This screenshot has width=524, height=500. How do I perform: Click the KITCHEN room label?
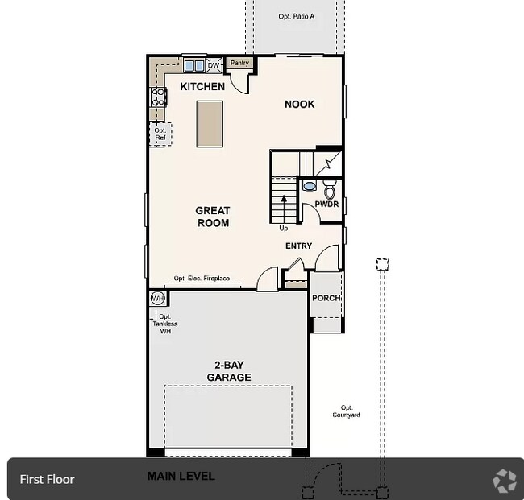pos(202,87)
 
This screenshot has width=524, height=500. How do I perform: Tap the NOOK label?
pos(299,105)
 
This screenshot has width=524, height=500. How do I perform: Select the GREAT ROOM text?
pos(213,217)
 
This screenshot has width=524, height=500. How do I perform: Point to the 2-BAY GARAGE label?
pos(229,371)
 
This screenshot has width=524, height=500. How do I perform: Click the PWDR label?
pos(326,204)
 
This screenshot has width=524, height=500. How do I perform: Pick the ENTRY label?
pos(299,246)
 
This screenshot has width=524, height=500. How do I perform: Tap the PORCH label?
pos(326,298)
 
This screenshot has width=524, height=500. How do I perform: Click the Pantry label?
pos(239,63)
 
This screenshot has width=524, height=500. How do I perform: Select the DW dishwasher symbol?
pos(214,65)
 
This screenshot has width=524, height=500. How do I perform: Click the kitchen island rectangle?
pos(210,124)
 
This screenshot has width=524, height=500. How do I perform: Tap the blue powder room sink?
pos(310,185)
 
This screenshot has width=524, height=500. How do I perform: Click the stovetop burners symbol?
pos(158,97)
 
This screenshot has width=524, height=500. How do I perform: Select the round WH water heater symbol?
pos(158,298)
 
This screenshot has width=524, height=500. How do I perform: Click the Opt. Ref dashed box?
pos(160,134)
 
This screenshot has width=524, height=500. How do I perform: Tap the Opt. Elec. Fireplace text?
pos(202,278)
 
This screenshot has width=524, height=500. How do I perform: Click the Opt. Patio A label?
pos(297,16)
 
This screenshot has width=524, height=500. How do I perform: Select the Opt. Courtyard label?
pos(346,411)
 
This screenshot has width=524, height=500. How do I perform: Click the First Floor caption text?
pos(47,479)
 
